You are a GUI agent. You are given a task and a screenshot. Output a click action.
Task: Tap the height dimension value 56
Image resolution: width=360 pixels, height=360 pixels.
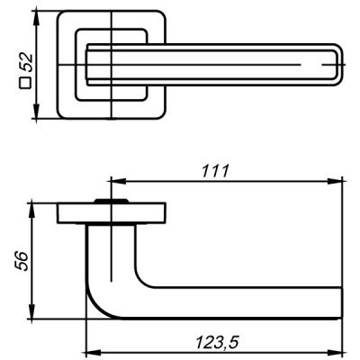[x=24, y=262]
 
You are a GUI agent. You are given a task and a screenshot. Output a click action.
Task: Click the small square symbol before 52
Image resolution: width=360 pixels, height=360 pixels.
[x=26, y=89]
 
